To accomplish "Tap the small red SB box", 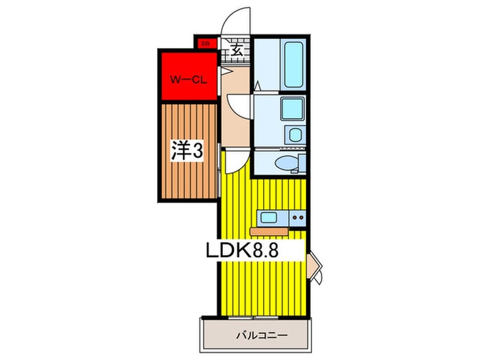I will pyautogui.click(x=204, y=44).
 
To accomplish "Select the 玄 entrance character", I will pyautogui.click(x=235, y=50).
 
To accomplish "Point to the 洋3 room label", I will pyautogui.click(x=187, y=152).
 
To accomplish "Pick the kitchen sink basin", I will pyautogui.click(x=268, y=218).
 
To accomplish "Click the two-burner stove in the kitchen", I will pyautogui.click(x=297, y=218).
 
